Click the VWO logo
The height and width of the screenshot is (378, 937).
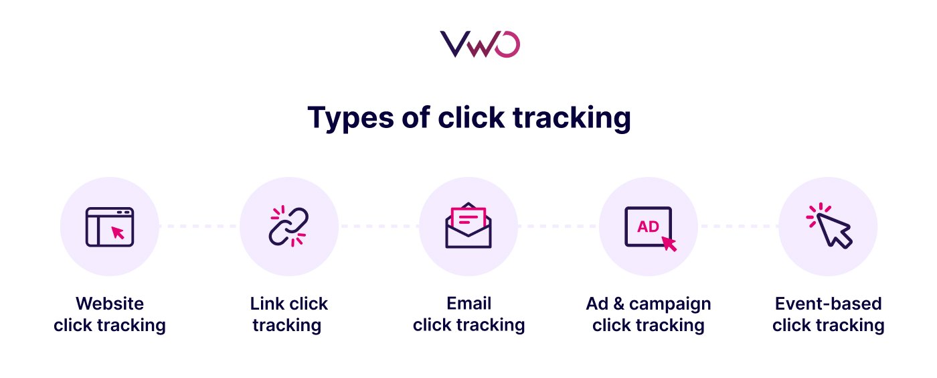pos(480,45)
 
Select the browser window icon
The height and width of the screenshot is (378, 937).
pos(110,227)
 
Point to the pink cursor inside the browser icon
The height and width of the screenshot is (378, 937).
pos(118,233)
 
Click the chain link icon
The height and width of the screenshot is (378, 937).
pos(288,227)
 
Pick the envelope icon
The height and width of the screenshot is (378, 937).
pos(468,227)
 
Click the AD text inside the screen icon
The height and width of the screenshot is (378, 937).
pos(648,227)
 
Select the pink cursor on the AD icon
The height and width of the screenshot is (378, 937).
pos(669,243)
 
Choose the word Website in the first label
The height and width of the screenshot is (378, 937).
pos(110,304)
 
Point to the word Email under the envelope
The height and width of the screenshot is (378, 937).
pos(468,304)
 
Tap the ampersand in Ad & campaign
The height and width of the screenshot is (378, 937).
pos(616,304)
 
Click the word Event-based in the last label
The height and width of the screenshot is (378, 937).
pos(828,304)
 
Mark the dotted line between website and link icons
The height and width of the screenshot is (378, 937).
pos(199,227)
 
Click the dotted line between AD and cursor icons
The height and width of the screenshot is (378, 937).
pos(738,227)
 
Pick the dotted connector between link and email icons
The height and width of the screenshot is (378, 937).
pos(379,227)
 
